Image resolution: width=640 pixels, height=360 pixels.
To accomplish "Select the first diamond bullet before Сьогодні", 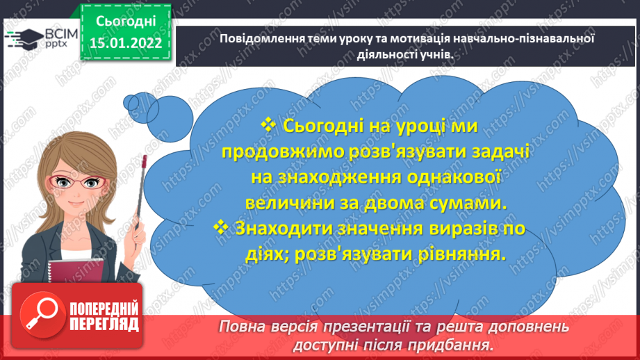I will coord(269,126).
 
